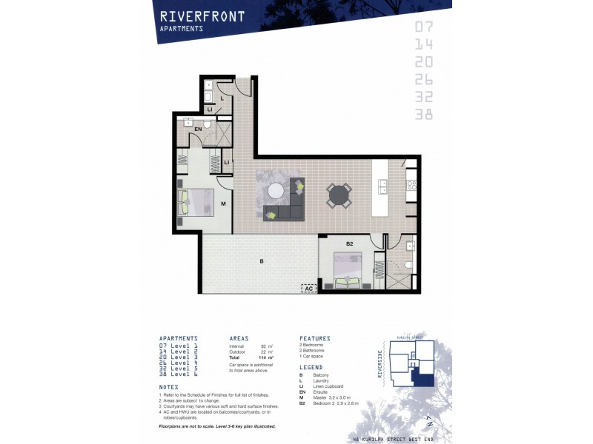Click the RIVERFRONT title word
point(202,16)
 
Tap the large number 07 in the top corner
point(424,28)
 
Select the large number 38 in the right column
point(424,114)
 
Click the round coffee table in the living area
point(276,190)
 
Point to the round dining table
point(339,196)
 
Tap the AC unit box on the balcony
point(308,289)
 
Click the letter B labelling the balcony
point(261,261)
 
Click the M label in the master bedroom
point(222,202)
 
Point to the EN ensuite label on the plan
point(198,129)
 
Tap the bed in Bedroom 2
point(348,269)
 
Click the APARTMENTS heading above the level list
point(178,338)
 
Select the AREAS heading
point(244,338)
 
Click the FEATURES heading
point(315,338)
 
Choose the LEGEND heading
point(311,367)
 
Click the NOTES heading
point(169,387)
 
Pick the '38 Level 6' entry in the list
point(178,374)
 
